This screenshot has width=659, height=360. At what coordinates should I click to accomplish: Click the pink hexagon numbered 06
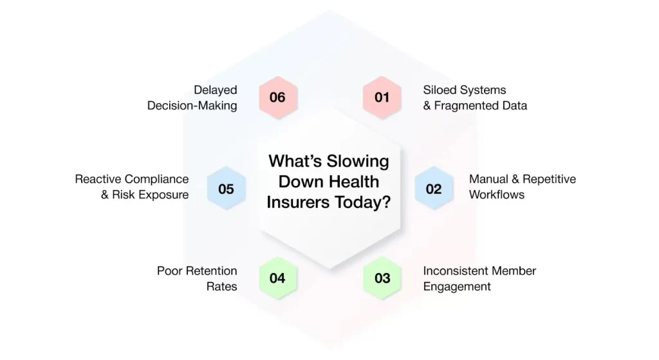(x=278, y=97)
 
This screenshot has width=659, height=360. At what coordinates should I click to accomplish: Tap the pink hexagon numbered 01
(x=382, y=97)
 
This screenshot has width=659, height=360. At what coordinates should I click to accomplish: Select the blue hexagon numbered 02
(x=434, y=189)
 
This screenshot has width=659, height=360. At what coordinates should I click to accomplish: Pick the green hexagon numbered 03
(x=382, y=278)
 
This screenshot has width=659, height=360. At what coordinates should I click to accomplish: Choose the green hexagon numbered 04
(x=278, y=278)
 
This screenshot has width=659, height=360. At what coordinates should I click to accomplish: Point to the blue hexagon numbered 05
(x=226, y=189)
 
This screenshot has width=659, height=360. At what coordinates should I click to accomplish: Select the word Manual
(x=488, y=179)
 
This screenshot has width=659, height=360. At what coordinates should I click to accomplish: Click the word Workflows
(x=497, y=194)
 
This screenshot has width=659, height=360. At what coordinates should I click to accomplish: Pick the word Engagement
(x=457, y=287)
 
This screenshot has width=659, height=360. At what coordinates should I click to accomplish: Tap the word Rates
(x=221, y=287)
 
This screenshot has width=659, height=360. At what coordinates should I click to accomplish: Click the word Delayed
(x=215, y=90)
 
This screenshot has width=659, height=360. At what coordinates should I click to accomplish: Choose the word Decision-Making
(x=192, y=106)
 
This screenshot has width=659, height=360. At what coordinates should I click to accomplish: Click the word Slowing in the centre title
(x=358, y=162)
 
